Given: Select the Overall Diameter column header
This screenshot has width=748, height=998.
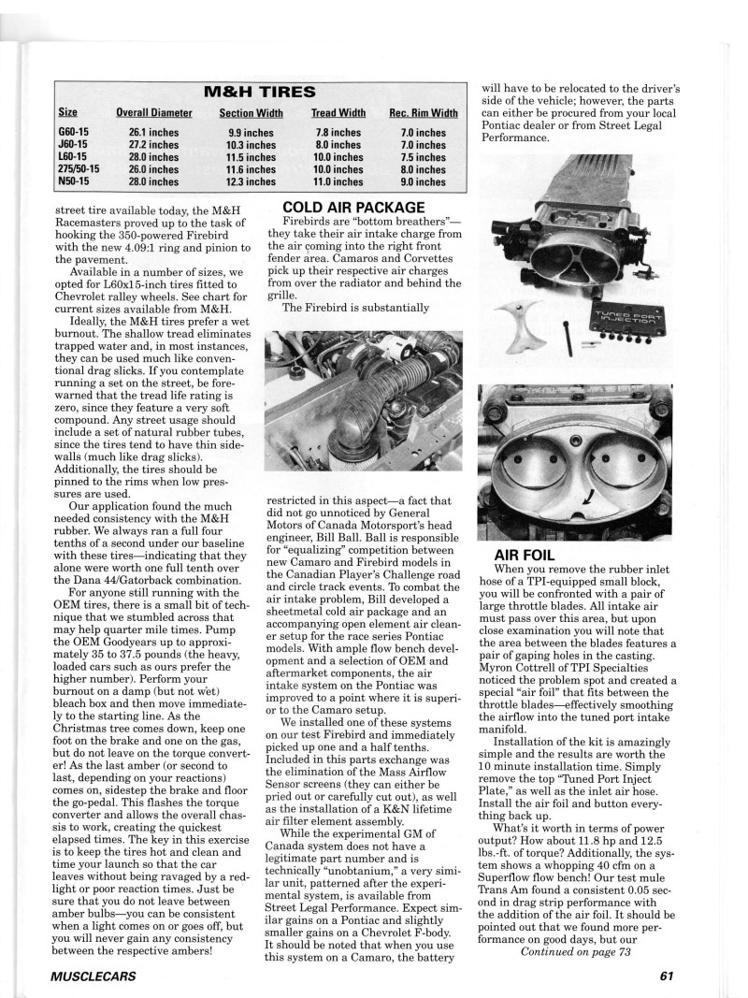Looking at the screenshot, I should (154, 113).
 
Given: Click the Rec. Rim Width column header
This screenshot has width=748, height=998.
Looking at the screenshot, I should (424, 113).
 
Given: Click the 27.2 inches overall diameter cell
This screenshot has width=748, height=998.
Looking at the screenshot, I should (154, 145).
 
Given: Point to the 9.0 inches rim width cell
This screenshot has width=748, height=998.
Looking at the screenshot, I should (424, 182).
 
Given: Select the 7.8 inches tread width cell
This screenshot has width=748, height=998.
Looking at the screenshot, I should (338, 133).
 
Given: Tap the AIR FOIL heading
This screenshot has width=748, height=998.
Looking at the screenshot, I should (525, 556).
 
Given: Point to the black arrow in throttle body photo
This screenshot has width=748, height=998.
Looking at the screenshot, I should (585, 504).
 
